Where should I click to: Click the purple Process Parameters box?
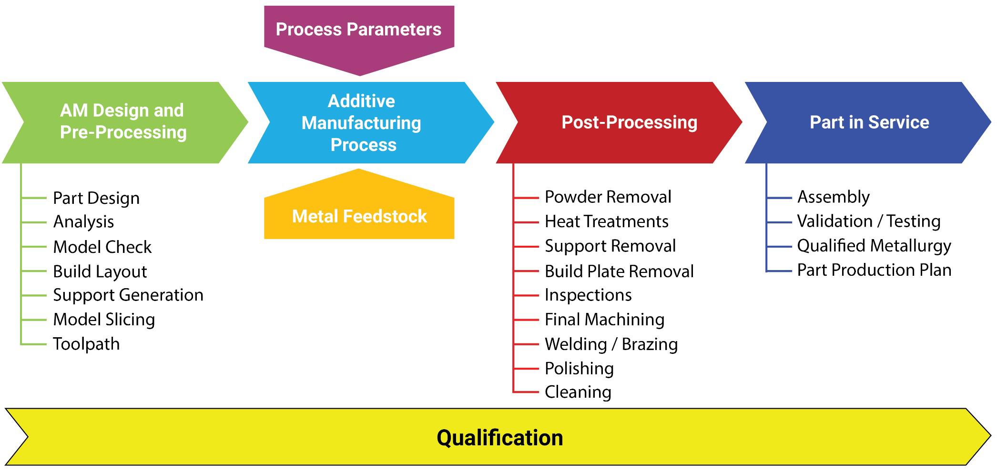[359, 30]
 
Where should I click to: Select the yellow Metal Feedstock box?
[359, 217]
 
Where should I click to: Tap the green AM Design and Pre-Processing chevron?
[123, 122]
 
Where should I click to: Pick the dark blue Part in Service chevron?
[869, 122]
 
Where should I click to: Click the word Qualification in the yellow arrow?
[499, 438]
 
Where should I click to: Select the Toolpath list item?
[86, 344]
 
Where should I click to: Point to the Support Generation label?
[128, 295]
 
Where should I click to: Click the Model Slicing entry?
[104, 319]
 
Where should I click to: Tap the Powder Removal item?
[608, 197]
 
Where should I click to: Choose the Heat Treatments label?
[606, 221]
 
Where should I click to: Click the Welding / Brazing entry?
[611, 344]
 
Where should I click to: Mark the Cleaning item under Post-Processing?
[578, 392]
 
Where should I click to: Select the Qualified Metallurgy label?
[874, 246]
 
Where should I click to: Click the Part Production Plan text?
[874, 270]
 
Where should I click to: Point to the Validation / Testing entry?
[868, 221]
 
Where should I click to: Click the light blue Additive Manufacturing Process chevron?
[362, 123]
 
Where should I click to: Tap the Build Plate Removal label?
[619, 271]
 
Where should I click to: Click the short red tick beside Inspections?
[527, 295]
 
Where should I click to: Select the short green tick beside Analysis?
[34, 222]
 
